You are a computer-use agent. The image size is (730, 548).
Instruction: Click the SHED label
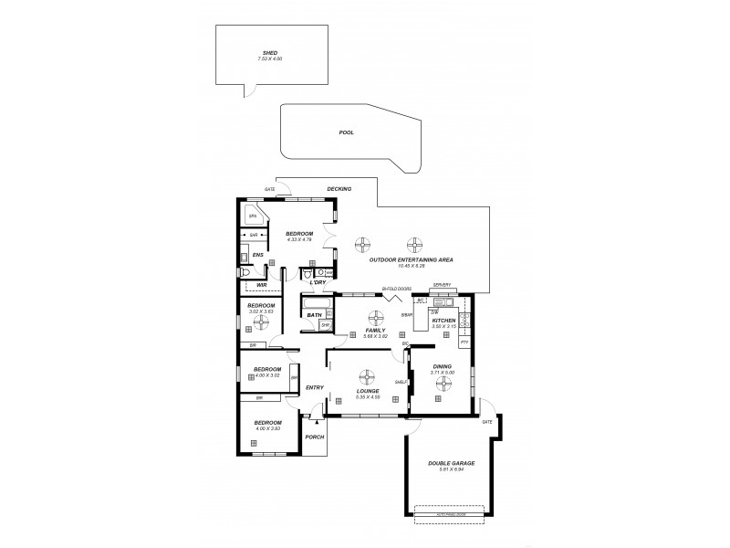tap(270, 53)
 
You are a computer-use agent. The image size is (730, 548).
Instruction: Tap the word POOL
tap(346, 132)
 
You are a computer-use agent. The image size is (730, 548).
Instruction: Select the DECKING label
tap(339, 189)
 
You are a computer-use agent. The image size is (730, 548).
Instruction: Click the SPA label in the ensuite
tap(252, 216)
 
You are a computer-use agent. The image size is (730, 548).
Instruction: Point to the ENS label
tap(258, 254)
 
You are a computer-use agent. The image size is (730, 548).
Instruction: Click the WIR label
tap(262, 284)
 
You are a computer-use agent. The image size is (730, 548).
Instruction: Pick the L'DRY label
tap(318, 283)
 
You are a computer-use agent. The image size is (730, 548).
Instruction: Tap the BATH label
tap(314, 315)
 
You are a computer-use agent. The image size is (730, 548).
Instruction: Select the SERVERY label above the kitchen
tap(443, 285)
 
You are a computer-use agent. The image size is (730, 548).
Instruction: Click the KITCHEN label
tap(444, 321)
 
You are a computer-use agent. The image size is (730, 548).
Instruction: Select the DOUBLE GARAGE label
tap(451, 463)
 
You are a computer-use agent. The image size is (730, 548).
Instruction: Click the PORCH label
tap(314, 437)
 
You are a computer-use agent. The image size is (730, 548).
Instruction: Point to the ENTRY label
tap(315, 388)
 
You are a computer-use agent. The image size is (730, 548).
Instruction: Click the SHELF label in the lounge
tap(400, 384)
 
